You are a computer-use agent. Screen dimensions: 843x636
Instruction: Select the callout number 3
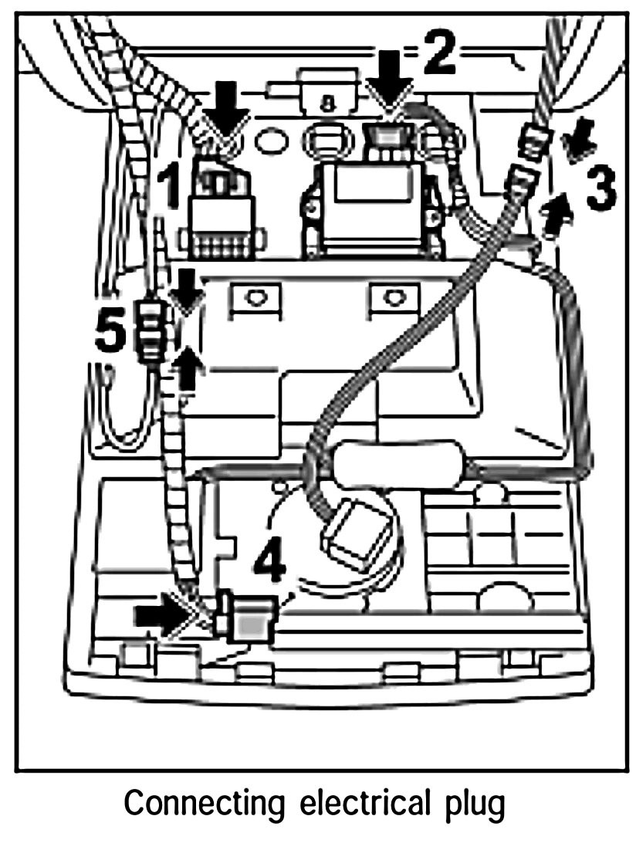[601, 189]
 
